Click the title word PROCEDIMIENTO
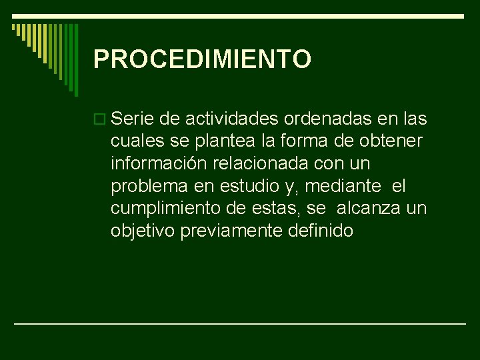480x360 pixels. (202, 59)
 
